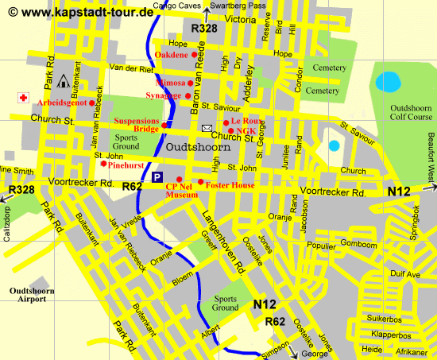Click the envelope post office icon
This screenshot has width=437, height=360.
207,129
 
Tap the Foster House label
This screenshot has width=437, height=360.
232,184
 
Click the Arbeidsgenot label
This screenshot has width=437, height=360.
62,103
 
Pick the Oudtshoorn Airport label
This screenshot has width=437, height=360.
33,296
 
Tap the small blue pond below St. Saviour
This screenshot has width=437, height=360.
334,145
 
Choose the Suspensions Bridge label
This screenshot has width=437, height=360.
137,125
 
